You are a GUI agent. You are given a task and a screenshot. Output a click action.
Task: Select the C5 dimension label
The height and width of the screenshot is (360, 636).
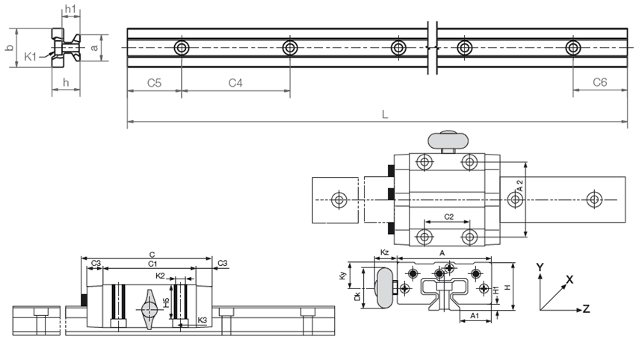tap(154, 83)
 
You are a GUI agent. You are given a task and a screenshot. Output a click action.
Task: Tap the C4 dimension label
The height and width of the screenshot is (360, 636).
tap(235, 83)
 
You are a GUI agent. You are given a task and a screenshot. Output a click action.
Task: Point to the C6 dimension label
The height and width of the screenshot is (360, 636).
tap(599, 82)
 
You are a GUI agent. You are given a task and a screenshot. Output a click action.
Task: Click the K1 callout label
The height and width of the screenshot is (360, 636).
tap(31, 57)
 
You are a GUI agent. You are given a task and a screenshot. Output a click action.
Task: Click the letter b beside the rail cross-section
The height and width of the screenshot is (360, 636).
tap(9, 48)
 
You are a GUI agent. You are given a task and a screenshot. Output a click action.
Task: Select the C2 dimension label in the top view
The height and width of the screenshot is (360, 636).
tap(449, 217)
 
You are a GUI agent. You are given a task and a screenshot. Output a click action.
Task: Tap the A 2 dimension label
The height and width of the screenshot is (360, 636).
tap(520, 187)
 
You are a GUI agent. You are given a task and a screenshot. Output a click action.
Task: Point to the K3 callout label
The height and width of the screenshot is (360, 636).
tap(203, 320)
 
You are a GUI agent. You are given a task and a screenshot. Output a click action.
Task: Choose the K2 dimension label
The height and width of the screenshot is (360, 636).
tap(160, 276)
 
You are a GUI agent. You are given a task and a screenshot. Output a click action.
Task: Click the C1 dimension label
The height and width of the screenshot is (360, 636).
tap(152, 264)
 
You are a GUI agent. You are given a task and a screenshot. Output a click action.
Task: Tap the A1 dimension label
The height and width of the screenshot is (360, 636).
tap(473, 317)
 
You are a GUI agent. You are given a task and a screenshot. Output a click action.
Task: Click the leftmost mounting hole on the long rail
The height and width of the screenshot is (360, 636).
tap(182, 49)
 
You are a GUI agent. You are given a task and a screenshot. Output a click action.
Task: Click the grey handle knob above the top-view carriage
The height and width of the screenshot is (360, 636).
tap(448, 139)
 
